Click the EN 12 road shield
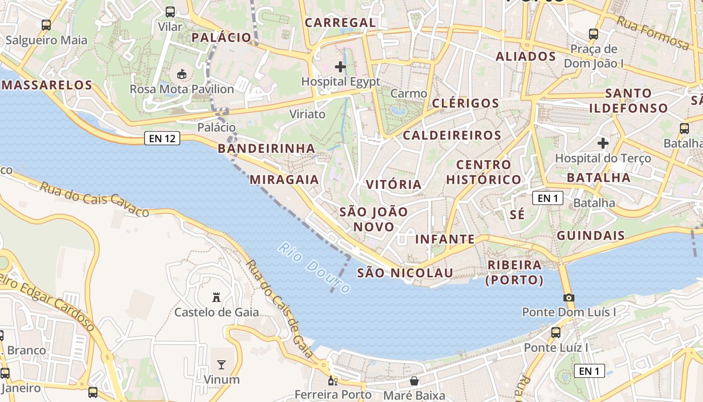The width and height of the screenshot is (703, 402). (x=162, y=138)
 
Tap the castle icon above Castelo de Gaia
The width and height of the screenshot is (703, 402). (x=216, y=297)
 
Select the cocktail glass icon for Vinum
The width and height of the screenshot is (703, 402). (x=221, y=364)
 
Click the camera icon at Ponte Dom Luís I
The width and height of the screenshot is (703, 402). (x=569, y=297)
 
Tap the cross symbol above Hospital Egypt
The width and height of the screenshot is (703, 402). (x=340, y=66)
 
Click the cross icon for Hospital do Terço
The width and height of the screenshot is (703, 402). (x=603, y=143)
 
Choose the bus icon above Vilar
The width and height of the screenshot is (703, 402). (x=170, y=12)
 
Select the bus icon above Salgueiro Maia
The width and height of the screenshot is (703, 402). (x=46, y=25)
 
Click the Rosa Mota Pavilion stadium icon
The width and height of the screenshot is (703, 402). (x=182, y=74)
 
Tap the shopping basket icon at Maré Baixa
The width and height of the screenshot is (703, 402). (x=414, y=381)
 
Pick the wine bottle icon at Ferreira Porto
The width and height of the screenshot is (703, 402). (x=331, y=380)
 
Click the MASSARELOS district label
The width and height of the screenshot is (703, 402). (x=47, y=85)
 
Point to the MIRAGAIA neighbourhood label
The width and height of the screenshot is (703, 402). (x=284, y=179)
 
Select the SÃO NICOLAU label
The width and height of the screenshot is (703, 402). (x=405, y=273)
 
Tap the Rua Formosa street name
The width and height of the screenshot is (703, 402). (x=652, y=33)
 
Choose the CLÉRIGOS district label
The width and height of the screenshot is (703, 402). (x=465, y=104)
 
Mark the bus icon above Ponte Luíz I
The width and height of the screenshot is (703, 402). (x=556, y=332)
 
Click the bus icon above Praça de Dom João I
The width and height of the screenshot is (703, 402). (x=594, y=34)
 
